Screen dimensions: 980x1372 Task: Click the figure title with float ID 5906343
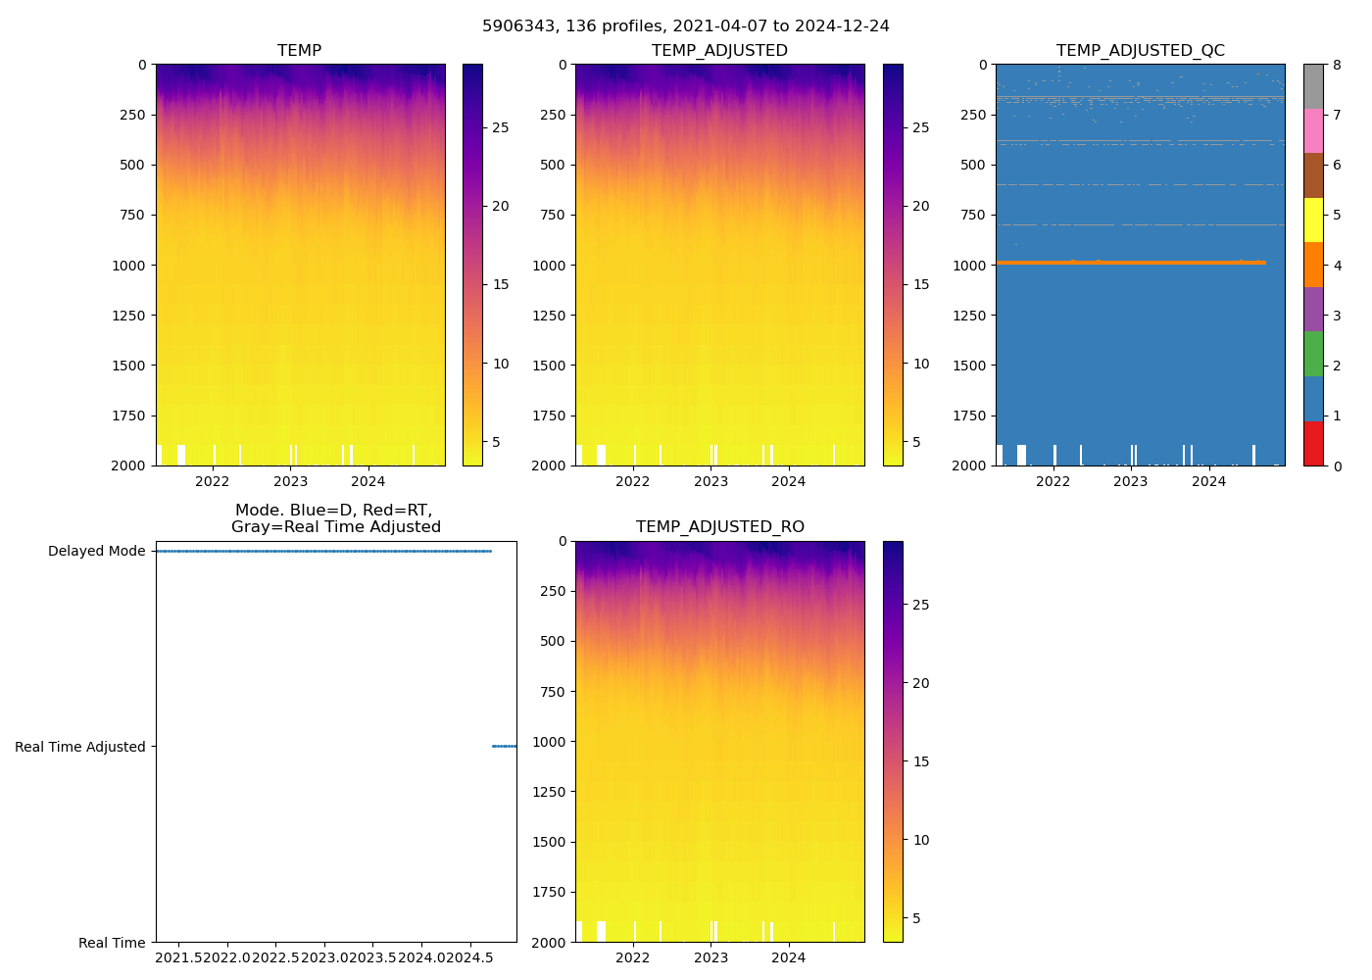[686, 26]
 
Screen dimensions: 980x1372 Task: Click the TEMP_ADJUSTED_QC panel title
[1140, 51]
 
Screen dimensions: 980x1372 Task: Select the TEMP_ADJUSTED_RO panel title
[719, 527]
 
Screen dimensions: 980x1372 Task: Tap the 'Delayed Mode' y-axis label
[96, 551]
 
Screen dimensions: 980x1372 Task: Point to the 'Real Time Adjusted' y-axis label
[79, 747]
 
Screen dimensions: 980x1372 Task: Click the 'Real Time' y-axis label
[112, 943]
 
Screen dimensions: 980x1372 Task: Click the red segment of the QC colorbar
[1313, 443]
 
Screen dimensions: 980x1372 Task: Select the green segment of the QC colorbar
[1313, 354]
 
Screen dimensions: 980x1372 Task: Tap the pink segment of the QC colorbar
[1313, 131]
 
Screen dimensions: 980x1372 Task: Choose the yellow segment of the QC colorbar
[1313, 220]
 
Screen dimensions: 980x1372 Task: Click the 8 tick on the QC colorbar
[1336, 65]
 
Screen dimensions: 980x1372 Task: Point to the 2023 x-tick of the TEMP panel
[290, 481]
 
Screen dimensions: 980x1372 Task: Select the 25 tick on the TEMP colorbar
[500, 128]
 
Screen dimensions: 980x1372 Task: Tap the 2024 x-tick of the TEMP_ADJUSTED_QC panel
[1208, 481]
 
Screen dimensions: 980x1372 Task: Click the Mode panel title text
[335, 518]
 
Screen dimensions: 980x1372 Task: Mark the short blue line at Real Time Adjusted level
[504, 747]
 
